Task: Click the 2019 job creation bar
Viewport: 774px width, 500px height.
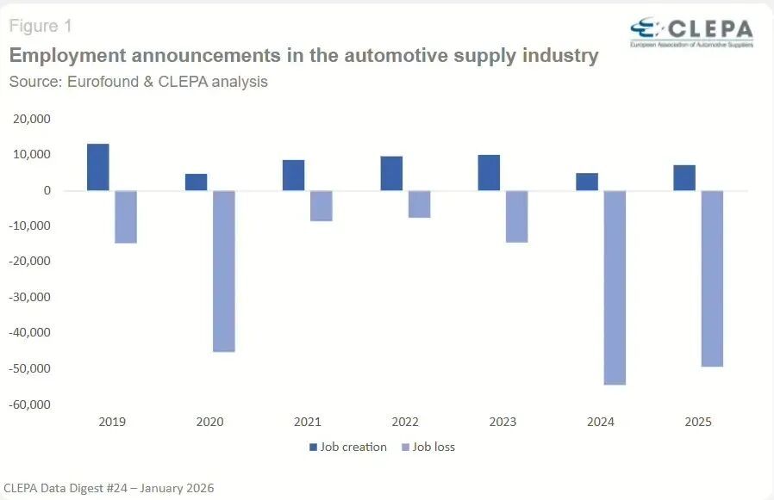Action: [97, 167]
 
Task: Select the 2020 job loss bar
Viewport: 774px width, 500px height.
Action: [223, 271]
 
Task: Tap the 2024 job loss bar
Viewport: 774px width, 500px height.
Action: [615, 287]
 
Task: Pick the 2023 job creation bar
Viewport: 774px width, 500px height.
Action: [489, 173]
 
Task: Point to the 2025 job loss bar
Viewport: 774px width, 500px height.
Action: [712, 279]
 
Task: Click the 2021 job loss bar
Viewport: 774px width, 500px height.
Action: [321, 206]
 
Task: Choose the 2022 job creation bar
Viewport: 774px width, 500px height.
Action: [391, 174]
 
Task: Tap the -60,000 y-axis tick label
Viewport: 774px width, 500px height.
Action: [31, 404]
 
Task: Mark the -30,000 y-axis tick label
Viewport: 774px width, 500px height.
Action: [31, 297]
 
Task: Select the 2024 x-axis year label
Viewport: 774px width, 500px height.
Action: [601, 422]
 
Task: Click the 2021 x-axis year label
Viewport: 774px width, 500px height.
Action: [308, 422]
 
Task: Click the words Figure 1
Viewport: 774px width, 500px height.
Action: [41, 26]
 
